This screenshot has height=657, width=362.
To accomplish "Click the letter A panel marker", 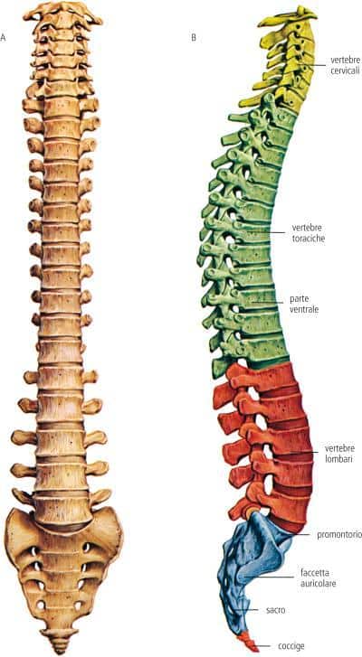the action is point(3,38).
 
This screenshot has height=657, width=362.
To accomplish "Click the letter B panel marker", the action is point(194,38).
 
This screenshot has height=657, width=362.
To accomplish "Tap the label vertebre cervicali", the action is point(345,66).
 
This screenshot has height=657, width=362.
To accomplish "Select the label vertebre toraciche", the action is point(309,233).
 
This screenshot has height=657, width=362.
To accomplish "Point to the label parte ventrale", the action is point(304,305).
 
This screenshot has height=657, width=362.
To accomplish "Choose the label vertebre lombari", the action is point(339,454).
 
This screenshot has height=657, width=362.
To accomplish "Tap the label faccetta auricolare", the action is point(318,577).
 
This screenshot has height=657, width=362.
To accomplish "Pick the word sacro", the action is point(276,610).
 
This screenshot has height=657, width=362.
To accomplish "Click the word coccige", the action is point(291,646).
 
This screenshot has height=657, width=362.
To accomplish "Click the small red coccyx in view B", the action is point(246,640).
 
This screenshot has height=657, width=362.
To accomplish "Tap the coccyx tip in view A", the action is point(59,644).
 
